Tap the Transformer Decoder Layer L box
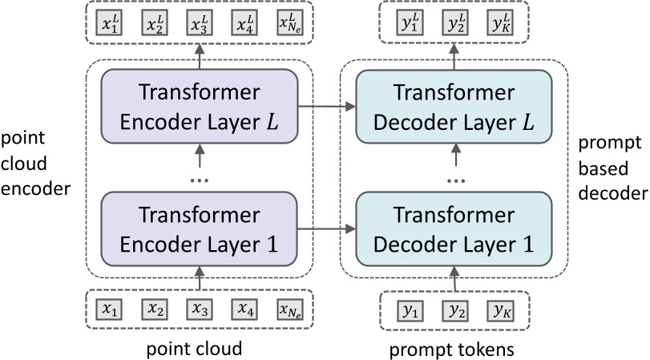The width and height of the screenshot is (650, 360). (x=454, y=107)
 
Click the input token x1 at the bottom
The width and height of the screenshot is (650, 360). (x=109, y=309)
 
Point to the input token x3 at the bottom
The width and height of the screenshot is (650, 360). (x=200, y=309)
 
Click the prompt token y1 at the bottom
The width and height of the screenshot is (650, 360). (x=410, y=309)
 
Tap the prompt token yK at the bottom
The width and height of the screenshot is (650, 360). (x=500, y=309)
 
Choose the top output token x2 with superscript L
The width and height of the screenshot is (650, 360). (x=155, y=25)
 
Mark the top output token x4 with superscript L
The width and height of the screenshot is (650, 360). (x=245, y=25)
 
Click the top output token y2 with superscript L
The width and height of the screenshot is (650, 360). (x=455, y=25)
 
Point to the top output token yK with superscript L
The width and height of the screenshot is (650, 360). (x=501, y=25)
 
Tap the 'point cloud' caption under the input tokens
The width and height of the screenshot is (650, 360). (x=194, y=349)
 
